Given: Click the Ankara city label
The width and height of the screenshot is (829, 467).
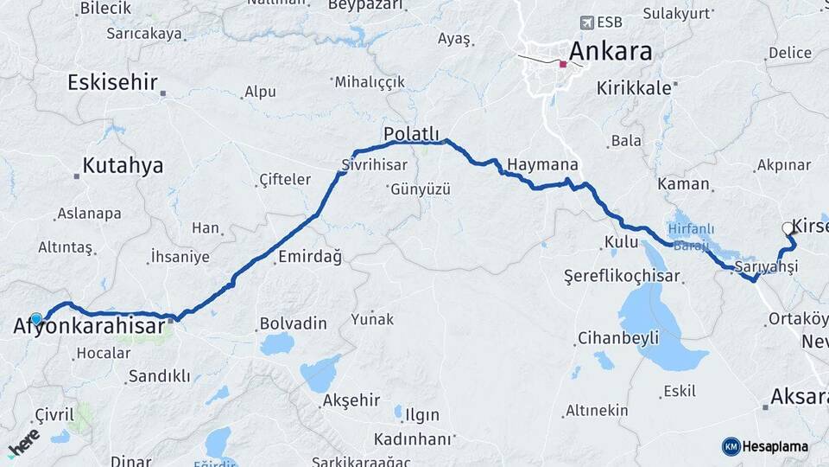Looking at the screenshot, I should (x=611, y=51).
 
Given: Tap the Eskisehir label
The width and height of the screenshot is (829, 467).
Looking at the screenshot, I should (x=112, y=83).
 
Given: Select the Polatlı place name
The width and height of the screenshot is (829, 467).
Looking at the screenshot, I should (x=412, y=134).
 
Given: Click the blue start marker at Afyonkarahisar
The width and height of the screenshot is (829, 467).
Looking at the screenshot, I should (x=36, y=318).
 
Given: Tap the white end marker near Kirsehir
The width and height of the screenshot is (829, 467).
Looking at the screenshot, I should (x=787, y=228).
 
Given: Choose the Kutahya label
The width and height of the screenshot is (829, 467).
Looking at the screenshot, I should (x=123, y=166).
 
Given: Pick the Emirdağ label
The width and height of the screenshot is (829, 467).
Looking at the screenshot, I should (x=310, y=257).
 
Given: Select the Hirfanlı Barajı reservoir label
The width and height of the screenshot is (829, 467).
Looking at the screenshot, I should (x=688, y=236).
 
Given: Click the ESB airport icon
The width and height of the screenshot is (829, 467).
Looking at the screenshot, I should (x=589, y=22).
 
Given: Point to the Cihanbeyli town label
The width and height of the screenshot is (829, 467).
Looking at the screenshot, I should (x=619, y=337).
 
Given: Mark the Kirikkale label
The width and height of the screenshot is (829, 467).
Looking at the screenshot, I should (x=633, y=88).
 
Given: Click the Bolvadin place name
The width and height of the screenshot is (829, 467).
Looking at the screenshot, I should (x=294, y=324).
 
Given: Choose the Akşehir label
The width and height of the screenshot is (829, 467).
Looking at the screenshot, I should (x=351, y=400).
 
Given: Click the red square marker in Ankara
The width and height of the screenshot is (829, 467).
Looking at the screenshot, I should (x=563, y=63).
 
